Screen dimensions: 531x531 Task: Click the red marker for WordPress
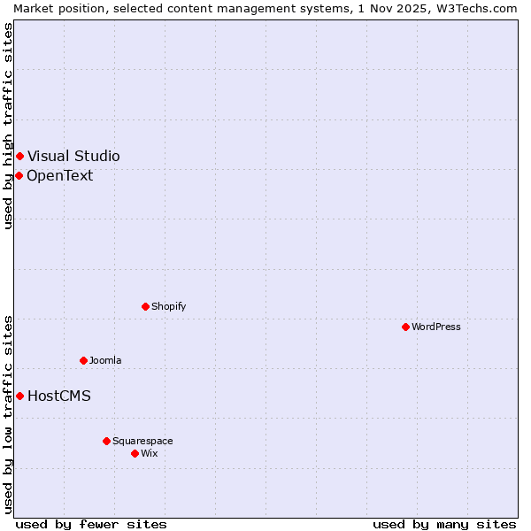(405, 327)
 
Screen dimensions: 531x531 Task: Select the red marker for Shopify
(145, 306)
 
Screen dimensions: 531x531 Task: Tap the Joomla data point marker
(83, 360)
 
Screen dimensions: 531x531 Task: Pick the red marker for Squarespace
(106, 441)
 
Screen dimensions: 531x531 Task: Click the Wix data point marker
(135, 453)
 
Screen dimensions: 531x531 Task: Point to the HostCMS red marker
(19, 396)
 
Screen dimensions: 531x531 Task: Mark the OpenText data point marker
(19, 175)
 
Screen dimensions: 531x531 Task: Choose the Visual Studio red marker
(19, 156)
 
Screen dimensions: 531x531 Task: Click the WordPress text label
(436, 327)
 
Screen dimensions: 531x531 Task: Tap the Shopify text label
(168, 306)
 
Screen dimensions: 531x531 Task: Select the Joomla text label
(105, 360)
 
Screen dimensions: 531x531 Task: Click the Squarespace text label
(142, 441)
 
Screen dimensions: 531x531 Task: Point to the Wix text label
(149, 453)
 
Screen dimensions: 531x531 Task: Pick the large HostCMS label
(59, 396)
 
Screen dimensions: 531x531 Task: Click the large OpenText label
(60, 175)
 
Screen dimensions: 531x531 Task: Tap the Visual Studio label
(73, 156)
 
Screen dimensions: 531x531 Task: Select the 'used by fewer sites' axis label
(91, 524)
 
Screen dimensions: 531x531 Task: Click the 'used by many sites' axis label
(444, 524)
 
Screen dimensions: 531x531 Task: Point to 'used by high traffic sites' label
(8, 126)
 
